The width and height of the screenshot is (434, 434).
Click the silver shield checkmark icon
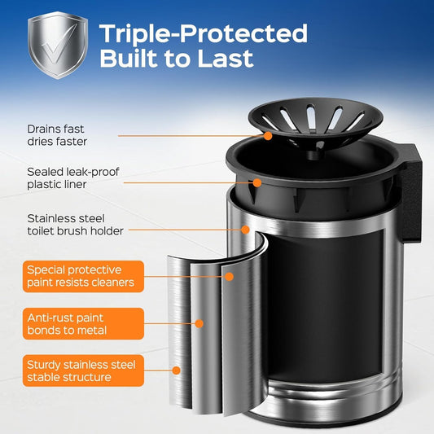point(58,45)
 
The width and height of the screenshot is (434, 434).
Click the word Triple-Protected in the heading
point(204,33)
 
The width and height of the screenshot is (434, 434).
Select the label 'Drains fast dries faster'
point(57,135)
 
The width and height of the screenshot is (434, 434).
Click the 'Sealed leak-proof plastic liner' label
point(73,178)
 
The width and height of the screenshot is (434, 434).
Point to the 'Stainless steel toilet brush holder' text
point(75,225)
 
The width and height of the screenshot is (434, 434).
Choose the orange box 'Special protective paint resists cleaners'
point(83,276)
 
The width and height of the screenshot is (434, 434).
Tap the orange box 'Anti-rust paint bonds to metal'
point(83,323)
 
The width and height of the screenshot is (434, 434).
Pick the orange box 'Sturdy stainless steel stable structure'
point(83,370)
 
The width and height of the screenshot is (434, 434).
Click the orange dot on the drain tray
point(268,136)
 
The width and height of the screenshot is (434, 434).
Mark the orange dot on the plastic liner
point(257,182)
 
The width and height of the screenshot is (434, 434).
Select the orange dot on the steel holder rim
point(245,230)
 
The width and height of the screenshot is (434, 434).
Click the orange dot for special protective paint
point(229,277)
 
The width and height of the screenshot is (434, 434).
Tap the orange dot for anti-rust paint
point(199,323)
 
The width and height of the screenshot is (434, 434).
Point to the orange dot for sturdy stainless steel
point(176,370)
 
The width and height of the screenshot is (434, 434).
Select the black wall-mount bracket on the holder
point(410,193)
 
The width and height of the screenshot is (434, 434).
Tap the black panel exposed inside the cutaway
point(324,306)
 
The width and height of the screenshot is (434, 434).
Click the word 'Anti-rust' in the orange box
point(51,318)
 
